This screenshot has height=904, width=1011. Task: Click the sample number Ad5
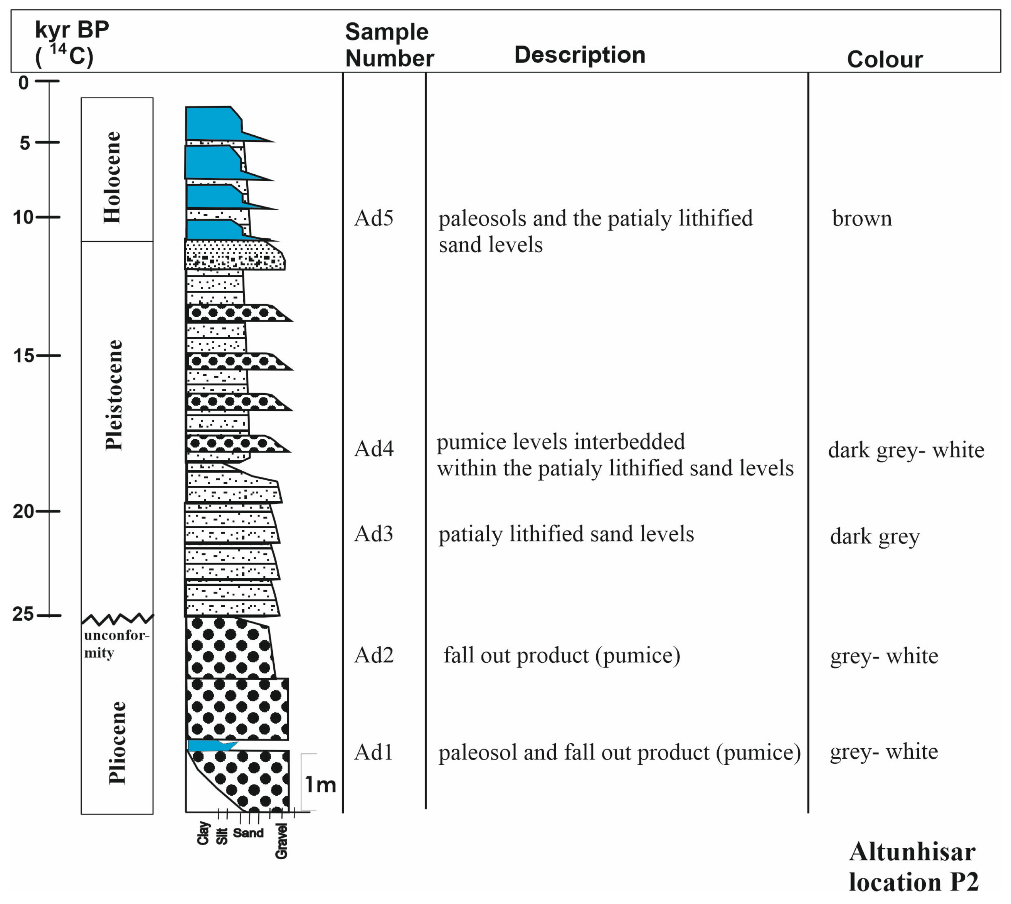(373, 219)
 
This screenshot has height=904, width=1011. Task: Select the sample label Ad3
(373, 534)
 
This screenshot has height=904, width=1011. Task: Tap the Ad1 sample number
(373, 752)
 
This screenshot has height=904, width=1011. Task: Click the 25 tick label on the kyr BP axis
(23, 614)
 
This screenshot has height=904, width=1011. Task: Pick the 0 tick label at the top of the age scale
(24, 82)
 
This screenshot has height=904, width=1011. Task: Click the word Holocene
(112, 177)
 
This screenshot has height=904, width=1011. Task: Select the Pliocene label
(117, 742)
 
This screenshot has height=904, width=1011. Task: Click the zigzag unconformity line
(117, 618)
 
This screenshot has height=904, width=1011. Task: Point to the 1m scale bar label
(320, 785)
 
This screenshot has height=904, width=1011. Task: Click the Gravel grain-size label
(281, 841)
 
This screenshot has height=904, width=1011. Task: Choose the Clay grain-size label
(203, 833)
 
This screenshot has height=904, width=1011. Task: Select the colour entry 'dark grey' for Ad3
(875, 537)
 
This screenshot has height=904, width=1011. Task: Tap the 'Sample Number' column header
(389, 45)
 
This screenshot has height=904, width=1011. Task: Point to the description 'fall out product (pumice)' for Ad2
(562, 656)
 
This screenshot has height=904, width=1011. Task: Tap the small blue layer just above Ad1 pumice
(209, 746)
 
